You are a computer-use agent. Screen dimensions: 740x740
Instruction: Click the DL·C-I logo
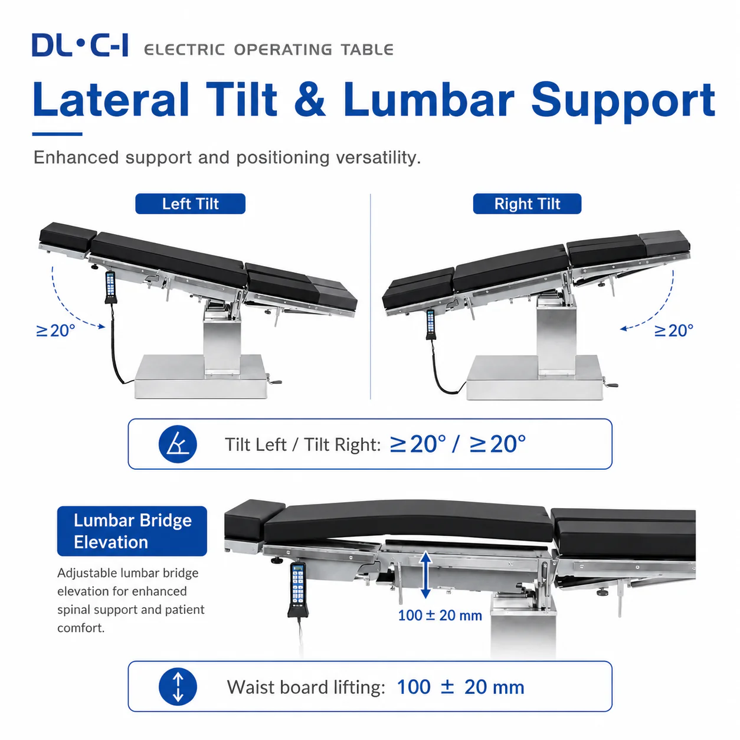80,45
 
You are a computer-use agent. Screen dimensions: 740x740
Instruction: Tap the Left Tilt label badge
190,204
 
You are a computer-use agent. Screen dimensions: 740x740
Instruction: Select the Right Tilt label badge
527,204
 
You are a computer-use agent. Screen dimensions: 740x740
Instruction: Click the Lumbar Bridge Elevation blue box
132,531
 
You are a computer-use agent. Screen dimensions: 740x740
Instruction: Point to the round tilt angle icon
178,444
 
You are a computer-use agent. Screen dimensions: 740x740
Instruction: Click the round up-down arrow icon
178,687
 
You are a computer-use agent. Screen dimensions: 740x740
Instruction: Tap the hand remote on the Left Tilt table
110,287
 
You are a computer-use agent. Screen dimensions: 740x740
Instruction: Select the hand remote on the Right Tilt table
430,325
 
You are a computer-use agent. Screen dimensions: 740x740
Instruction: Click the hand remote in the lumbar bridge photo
297,590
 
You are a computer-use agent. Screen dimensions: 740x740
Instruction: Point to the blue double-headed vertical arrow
425,575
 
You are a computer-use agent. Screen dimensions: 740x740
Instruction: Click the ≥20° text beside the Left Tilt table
55,330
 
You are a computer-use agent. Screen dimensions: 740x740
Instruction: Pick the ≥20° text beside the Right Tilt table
674,330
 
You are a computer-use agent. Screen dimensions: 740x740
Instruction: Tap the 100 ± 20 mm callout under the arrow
440,615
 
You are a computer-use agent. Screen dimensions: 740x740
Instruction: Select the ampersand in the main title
310,100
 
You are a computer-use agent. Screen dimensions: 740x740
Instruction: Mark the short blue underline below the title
57,134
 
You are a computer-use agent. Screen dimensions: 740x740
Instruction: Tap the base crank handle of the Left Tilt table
274,381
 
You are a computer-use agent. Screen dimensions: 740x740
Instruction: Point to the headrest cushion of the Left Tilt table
68,236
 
